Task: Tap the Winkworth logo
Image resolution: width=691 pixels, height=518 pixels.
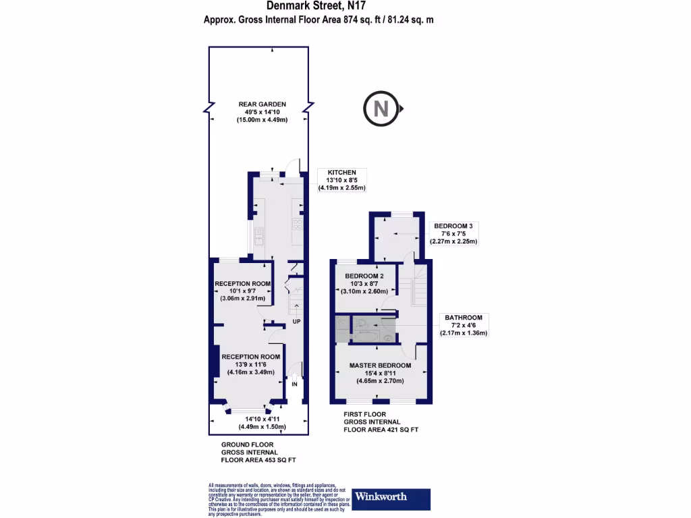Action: [391, 498]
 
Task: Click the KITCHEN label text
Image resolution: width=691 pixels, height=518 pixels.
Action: [341, 173]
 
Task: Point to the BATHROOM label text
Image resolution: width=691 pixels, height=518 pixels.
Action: [463, 317]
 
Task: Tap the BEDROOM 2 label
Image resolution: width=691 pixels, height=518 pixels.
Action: [364, 276]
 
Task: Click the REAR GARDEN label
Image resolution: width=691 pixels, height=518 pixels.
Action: [257, 104]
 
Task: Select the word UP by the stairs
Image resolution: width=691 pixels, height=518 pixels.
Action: [296, 322]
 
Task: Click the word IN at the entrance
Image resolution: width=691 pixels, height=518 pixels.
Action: [294, 384]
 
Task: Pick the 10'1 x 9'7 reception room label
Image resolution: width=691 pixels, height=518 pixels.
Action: [242, 291]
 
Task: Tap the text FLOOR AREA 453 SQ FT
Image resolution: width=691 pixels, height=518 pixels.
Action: [258, 460]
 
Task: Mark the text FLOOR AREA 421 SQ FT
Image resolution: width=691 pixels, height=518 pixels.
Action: [381, 429]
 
